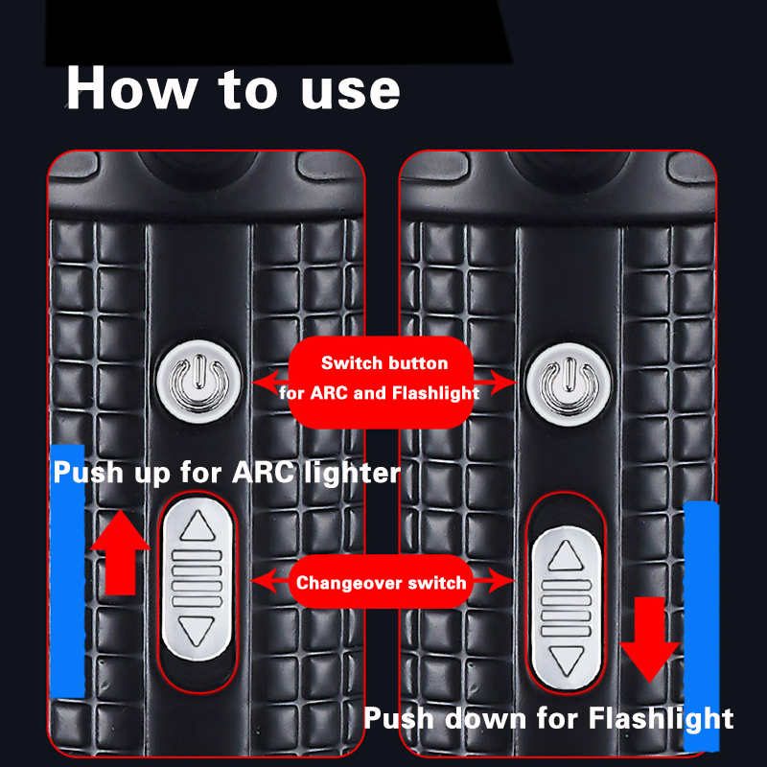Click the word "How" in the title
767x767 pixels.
(x=131, y=88)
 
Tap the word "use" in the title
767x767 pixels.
(x=351, y=91)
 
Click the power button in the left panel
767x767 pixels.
(x=198, y=382)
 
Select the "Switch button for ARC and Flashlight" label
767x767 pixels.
(x=381, y=378)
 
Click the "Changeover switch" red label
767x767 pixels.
(x=381, y=582)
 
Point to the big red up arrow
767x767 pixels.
(x=121, y=552)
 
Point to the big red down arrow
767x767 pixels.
(x=650, y=639)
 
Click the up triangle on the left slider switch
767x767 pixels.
(x=198, y=525)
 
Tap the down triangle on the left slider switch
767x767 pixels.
(x=197, y=631)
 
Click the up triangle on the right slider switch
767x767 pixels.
(x=566, y=556)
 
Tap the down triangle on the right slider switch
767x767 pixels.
(x=567, y=661)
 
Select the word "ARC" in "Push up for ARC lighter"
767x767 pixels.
(x=263, y=473)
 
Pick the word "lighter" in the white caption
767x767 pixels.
(x=352, y=473)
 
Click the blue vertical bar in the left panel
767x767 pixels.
(x=67, y=570)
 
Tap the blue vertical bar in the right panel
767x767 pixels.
(x=702, y=626)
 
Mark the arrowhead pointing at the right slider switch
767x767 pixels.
(x=501, y=581)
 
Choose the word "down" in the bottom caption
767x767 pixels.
(x=486, y=718)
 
